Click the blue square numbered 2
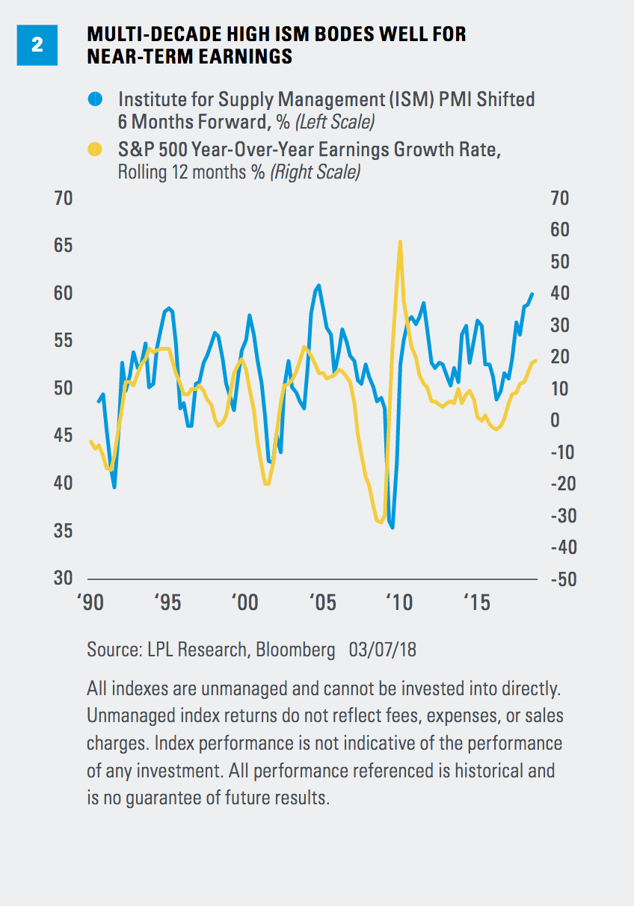(37, 45)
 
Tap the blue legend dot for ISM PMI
(95, 99)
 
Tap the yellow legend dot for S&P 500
(95, 150)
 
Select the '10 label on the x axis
(400, 603)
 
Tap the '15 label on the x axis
(476, 603)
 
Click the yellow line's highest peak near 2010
(400, 241)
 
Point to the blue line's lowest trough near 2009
(393, 528)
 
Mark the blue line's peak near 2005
(319, 285)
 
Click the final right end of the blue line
(532, 294)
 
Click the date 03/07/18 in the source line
(383, 650)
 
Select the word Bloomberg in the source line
(295, 650)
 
